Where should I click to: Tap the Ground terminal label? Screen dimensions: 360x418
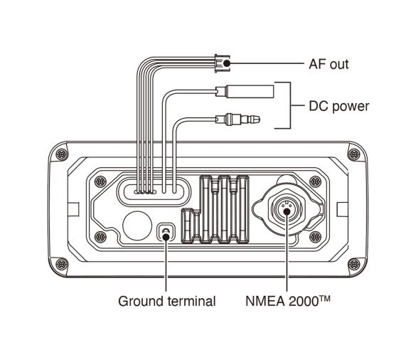click(166, 301)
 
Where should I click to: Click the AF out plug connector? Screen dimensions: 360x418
click(223, 65)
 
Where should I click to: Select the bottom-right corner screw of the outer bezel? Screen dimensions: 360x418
click(352, 262)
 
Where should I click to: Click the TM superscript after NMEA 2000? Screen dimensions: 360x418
click(326, 297)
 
